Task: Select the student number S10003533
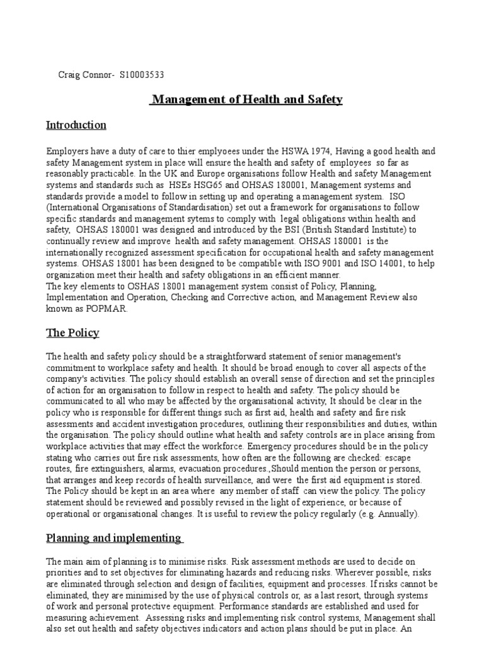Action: (x=142, y=74)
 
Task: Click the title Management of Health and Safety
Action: (x=246, y=99)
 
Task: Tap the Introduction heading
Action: (x=76, y=125)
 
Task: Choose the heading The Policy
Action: (x=72, y=332)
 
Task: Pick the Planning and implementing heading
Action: (x=114, y=538)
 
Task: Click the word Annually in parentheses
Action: (x=395, y=514)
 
